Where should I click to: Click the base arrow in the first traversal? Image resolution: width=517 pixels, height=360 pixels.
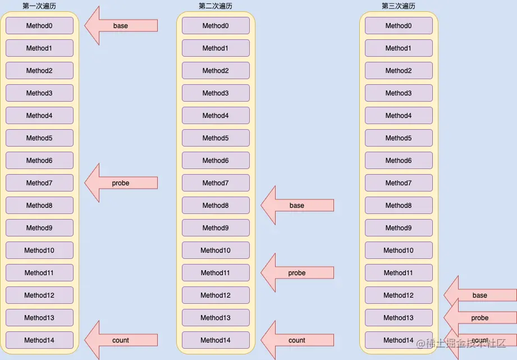pyautogui.click(x=121, y=26)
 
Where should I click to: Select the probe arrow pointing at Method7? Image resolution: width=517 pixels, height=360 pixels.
pyautogui.click(x=121, y=183)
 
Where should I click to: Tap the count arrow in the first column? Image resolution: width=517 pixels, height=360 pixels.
pyautogui.click(x=121, y=340)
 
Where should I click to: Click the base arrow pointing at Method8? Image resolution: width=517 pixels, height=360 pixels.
pyautogui.click(x=297, y=206)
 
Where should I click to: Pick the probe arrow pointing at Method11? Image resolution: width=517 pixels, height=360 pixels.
pyautogui.click(x=297, y=273)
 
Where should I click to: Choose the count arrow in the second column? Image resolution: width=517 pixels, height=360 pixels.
pyautogui.click(x=297, y=340)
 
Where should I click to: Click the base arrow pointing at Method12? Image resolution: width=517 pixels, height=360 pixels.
pyautogui.click(x=480, y=295)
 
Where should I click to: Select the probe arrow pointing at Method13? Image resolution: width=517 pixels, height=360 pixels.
pyautogui.click(x=480, y=318)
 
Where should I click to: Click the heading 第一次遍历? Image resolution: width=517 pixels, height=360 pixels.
pyautogui.click(x=39, y=6)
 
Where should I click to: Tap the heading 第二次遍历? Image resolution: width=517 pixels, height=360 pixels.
pyautogui.click(x=216, y=6)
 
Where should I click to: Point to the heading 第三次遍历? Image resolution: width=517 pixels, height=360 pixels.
pyautogui.click(x=399, y=6)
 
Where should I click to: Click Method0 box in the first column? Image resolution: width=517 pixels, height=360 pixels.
pyautogui.click(x=39, y=26)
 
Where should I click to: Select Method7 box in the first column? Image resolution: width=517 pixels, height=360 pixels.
pyautogui.click(x=39, y=183)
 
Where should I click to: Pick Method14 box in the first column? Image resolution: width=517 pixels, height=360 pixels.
pyautogui.click(x=39, y=340)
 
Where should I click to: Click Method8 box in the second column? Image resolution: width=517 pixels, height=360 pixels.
pyautogui.click(x=216, y=206)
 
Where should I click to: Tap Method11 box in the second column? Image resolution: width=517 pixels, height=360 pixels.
pyautogui.click(x=216, y=273)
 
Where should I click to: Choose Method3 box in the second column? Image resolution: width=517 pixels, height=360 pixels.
pyautogui.click(x=216, y=93)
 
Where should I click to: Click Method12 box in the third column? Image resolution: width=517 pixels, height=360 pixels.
pyautogui.click(x=399, y=295)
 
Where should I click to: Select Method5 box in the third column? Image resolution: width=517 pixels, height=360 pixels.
pyautogui.click(x=399, y=138)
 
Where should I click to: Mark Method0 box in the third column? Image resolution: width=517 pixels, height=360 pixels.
pyautogui.click(x=399, y=26)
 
